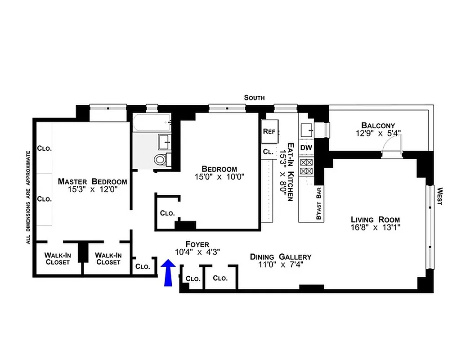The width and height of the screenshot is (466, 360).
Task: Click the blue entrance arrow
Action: point(168,272)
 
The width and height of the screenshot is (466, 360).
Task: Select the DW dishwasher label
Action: point(306,148)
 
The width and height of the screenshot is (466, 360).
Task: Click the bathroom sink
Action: point(164,142)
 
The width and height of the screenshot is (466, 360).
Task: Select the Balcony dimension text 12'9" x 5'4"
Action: point(378,133)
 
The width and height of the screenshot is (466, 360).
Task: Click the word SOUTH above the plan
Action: point(254,98)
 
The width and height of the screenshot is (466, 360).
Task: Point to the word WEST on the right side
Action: point(439,196)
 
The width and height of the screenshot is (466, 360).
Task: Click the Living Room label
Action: point(375,220)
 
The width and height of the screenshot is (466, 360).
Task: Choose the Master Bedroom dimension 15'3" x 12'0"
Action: point(92,189)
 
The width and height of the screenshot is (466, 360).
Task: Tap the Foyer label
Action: point(197,244)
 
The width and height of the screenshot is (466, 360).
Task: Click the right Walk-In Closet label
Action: point(108,258)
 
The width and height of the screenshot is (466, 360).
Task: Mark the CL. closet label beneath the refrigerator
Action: point(268,152)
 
